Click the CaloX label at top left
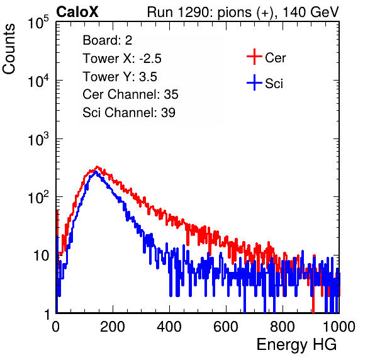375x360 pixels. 77,12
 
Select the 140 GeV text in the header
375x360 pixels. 311,12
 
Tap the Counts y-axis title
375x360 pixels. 9,49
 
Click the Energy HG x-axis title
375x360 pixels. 296,345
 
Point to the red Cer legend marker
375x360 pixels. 254,57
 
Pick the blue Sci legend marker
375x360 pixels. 254,83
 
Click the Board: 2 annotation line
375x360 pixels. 108,40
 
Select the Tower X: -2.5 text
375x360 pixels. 122,59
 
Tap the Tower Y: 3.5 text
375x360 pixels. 120,77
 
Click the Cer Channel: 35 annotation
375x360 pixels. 130,94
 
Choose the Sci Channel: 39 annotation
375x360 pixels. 129,113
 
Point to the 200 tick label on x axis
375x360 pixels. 113,327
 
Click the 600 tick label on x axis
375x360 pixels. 226,327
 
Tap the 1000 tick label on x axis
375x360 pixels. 339,327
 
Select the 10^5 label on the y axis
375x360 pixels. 38,23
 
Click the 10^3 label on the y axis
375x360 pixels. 38,140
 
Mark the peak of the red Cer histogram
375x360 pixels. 97,167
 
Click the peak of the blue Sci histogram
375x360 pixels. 96,172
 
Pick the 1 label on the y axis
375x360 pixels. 47,314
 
